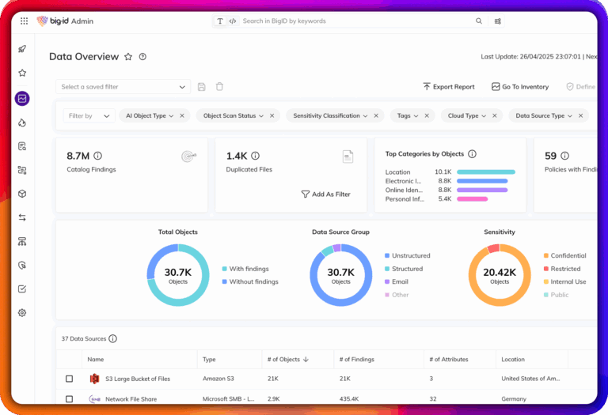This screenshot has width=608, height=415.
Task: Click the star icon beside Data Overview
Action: coord(127,57)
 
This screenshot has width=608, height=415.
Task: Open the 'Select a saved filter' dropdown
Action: coord(123,87)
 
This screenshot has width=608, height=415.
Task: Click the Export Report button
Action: coord(448,87)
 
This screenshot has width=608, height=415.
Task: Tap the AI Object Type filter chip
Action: coord(150,116)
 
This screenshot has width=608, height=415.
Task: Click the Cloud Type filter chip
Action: coord(466,116)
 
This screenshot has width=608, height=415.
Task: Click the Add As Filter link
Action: coord(325,194)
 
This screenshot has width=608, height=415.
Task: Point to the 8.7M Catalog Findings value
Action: coord(78,156)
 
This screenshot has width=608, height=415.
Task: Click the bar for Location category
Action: coord(485,172)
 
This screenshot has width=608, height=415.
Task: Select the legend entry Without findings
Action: coord(253,281)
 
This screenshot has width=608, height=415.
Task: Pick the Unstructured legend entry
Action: coord(411,256)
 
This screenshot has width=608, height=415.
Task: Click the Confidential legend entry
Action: coord(568,256)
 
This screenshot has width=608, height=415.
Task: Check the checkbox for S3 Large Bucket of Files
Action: coord(70,379)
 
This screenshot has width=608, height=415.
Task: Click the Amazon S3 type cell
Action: coord(218,379)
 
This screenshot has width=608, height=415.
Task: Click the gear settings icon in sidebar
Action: coord(22,313)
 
